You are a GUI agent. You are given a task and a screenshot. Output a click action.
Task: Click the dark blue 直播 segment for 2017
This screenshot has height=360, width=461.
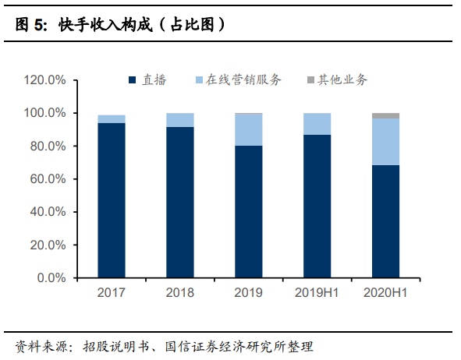click(112, 199)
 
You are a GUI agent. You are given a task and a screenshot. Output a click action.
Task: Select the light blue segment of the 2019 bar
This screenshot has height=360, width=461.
click(248, 129)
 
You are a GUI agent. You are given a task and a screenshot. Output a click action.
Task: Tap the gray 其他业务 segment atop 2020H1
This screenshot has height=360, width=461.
click(385, 115)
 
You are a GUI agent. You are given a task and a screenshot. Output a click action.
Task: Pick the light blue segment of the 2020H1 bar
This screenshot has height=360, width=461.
click(385, 142)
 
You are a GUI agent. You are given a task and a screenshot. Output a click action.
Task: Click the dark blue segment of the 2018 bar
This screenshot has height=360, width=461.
click(180, 202)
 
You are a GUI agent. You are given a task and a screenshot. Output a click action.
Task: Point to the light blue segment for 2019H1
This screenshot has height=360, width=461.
click(317, 124)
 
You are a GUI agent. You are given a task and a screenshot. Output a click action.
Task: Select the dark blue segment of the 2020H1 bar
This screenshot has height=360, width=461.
click(385, 221)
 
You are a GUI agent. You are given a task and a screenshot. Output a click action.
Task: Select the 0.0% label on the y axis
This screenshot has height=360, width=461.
click(53, 278)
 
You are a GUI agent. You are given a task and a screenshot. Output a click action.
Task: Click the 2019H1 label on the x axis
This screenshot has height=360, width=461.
click(317, 293)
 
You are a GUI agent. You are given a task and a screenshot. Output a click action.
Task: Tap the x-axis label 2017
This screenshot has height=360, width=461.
click(112, 293)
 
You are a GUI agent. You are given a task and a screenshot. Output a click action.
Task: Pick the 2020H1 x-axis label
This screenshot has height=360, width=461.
click(385, 293)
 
